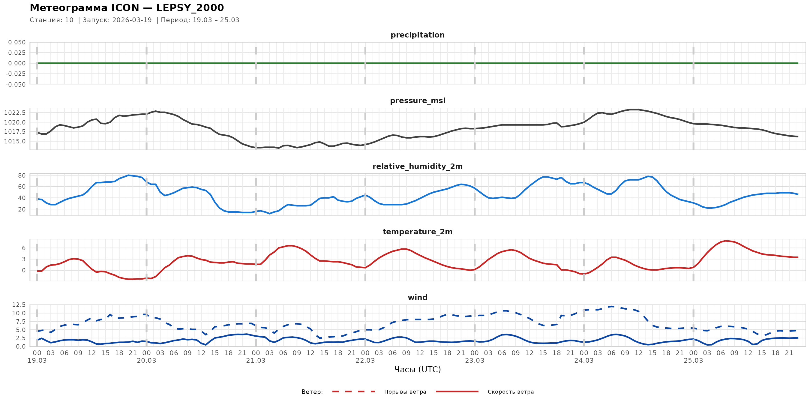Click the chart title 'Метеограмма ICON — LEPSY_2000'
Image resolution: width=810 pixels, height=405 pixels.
click(x=127, y=8)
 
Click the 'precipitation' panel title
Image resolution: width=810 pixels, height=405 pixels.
click(x=417, y=35)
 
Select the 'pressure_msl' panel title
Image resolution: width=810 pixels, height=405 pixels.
click(x=417, y=100)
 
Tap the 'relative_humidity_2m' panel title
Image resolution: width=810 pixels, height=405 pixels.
click(x=417, y=166)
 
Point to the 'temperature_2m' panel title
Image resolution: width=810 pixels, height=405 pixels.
click(x=417, y=232)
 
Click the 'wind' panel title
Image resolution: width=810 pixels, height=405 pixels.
click(x=417, y=298)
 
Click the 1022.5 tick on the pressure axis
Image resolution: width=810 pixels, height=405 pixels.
click(x=15, y=113)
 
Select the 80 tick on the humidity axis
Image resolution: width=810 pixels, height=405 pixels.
click(x=22, y=175)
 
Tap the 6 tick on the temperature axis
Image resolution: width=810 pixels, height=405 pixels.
click(x=24, y=248)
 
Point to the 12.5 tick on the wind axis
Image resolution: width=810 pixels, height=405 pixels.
click(x=19, y=305)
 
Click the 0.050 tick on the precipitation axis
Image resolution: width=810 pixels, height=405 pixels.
click(x=17, y=42)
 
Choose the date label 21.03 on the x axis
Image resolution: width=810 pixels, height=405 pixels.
click(x=256, y=361)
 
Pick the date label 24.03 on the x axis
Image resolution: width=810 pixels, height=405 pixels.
click(x=584, y=361)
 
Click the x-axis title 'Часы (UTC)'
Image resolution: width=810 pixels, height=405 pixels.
click(x=417, y=370)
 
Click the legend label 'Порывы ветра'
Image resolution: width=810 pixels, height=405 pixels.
click(x=405, y=392)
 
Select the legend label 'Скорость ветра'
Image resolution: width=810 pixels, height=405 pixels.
click(x=510, y=392)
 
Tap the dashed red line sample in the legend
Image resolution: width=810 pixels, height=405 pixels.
click(x=354, y=391)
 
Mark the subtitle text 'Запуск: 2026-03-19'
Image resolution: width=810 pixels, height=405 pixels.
click(x=117, y=20)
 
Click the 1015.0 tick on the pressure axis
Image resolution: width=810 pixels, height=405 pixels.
click(x=15, y=142)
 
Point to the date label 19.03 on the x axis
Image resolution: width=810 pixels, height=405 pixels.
click(x=37, y=361)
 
